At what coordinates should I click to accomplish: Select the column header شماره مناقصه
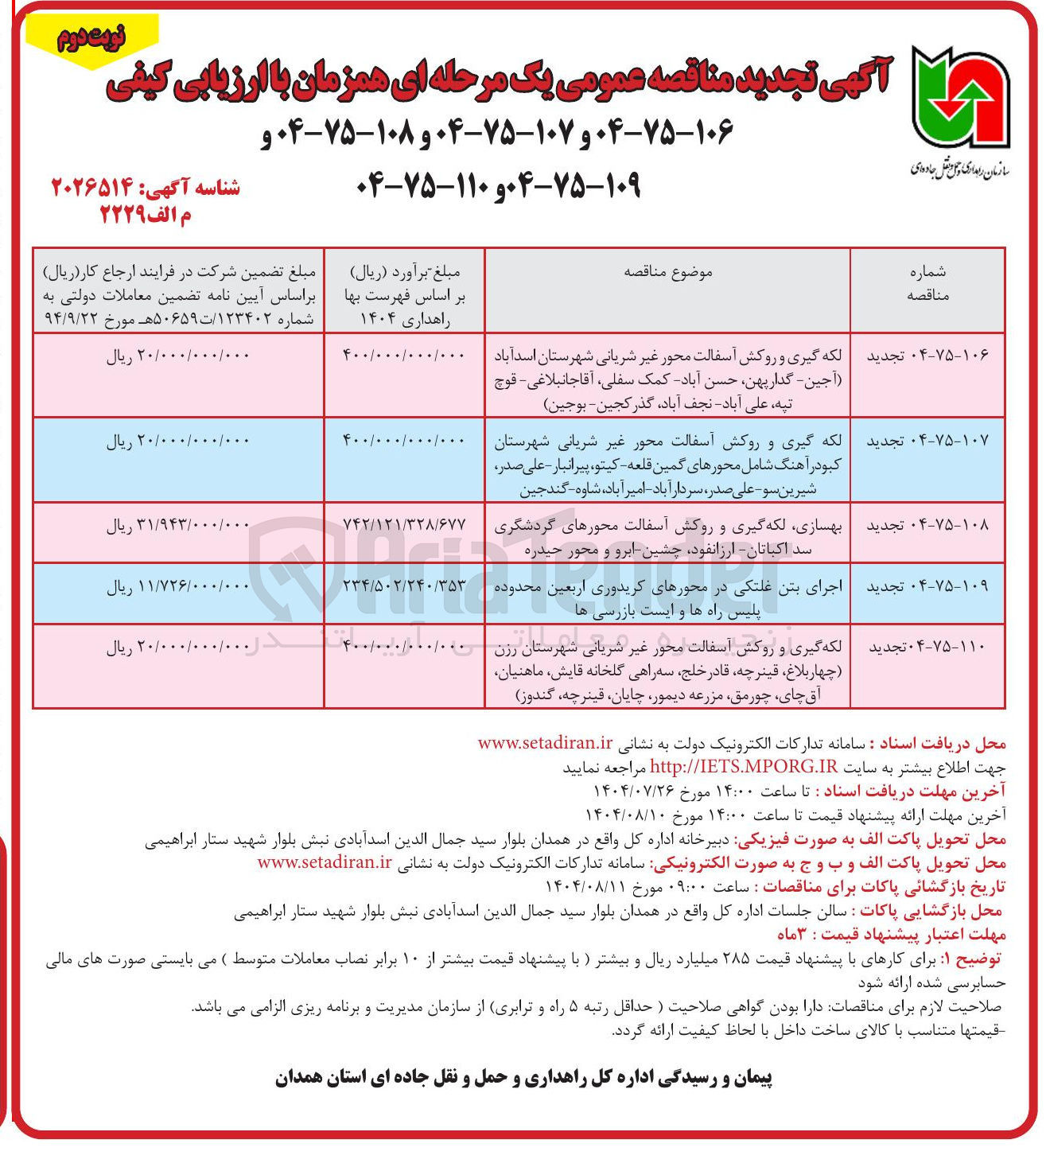click(927, 283)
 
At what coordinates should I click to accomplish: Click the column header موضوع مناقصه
click(667, 272)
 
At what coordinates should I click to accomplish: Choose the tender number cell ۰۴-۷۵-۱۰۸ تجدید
click(927, 525)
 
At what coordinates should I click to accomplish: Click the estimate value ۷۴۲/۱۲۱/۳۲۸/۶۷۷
click(404, 525)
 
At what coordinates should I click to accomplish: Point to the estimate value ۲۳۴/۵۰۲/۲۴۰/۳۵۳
click(404, 586)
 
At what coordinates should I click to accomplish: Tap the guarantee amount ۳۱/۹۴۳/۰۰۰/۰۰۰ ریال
click(178, 525)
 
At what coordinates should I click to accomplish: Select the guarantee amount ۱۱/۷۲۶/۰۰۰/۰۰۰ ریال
click(178, 586)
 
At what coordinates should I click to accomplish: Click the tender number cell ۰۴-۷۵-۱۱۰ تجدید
click(927, 648)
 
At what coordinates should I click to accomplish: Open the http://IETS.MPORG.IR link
click(744, 766)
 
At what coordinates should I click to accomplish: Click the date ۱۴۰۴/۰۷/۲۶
click(634, 790)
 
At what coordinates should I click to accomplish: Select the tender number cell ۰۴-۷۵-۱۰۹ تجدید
click(927, 586)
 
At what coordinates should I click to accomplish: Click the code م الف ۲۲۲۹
click(145, 215)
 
